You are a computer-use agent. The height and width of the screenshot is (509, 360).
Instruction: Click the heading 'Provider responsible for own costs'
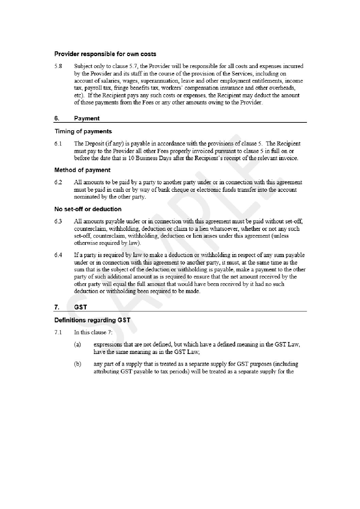105,54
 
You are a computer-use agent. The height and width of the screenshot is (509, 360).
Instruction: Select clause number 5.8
58,66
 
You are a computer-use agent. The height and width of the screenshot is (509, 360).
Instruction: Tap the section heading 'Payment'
87,118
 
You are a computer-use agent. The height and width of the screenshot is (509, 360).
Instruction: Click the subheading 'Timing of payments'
83,131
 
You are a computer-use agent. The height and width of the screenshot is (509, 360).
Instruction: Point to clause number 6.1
58,144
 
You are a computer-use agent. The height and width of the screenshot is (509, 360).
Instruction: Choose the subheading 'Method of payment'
82,170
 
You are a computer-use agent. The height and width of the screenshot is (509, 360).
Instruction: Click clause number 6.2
58,183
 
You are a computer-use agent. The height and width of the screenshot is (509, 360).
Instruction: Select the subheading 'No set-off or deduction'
88,209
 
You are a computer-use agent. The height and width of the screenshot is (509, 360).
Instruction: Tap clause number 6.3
58,221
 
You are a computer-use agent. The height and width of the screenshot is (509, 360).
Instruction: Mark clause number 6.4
58,255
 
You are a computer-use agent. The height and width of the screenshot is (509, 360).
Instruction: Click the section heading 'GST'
81,307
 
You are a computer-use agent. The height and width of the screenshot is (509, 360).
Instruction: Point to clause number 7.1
58,333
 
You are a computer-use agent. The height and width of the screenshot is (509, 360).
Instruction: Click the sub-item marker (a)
78,345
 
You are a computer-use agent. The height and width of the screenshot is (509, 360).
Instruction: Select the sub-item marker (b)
78,364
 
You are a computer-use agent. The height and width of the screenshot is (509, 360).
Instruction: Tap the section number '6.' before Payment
57,118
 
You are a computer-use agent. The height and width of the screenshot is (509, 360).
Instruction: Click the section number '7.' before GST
57,307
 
